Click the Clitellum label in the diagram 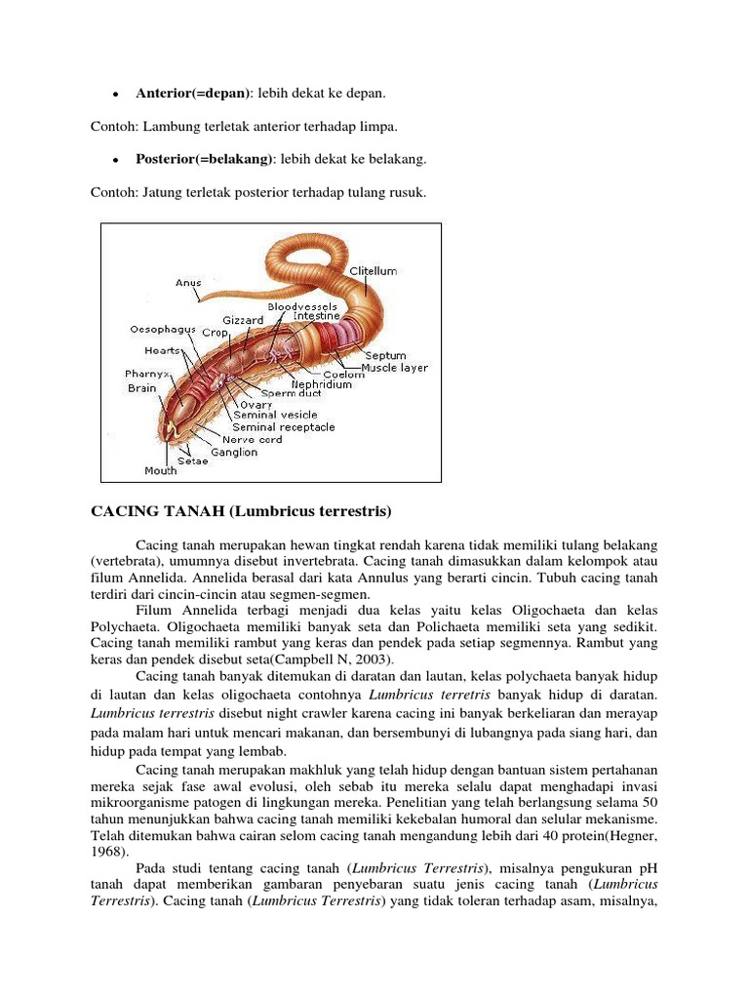click(374, 271)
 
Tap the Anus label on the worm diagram click(188, 283)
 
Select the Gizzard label click(243, 320)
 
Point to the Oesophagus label click(164, 330)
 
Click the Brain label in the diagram click(141, 387)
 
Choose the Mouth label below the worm click(161, 470)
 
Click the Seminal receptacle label click(284, 427)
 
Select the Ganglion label click(234, 452)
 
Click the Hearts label click(162, 350)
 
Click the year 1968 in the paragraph click(108, 850)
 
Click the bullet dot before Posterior click(115, 160)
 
